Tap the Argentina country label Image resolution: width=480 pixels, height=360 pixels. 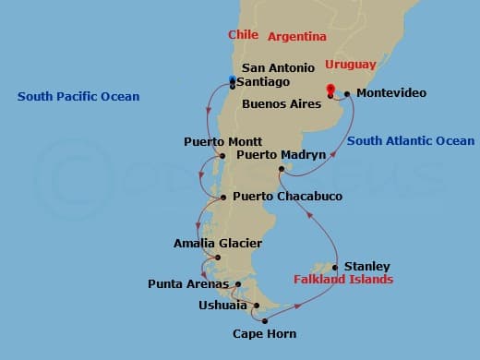[297, 37]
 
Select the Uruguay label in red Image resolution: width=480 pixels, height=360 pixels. [350, 65]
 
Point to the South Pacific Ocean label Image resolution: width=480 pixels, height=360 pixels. [78, 96]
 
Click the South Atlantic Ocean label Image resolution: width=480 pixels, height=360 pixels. [412, 141]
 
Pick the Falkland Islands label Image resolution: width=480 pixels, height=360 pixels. [343, 279]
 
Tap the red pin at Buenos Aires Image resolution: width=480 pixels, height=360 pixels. [330, 90]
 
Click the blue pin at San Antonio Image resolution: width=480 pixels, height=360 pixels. [232, 78]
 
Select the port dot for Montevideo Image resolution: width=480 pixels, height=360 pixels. [346, 93]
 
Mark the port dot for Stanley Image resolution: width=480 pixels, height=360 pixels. [334, 268]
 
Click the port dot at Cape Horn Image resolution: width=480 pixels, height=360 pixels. [265, 320]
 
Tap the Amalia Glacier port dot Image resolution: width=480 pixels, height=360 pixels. [217, 257]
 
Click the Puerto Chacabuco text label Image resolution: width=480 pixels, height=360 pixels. [288, 197]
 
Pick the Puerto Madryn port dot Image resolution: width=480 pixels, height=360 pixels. [282, 169]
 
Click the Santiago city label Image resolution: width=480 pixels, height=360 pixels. [266, 81]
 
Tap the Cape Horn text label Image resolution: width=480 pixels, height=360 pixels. [264, 334]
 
